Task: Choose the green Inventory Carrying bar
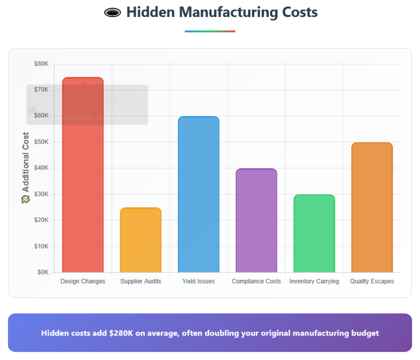pos(314,234)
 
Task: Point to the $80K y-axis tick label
pos(41,64)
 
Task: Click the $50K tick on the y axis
pos(41,142)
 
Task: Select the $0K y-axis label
pos(43,272)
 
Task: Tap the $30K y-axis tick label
pos(41,194)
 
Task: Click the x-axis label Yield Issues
pos(199,281)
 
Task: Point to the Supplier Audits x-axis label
pos(140,281)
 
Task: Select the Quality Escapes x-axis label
pos(372,281)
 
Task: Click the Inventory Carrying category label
pos(314,281)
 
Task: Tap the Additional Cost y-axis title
pos(26,162)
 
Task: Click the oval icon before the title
pos(113,12)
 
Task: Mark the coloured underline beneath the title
pos(210,31)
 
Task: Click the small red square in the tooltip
pos(32,110)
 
